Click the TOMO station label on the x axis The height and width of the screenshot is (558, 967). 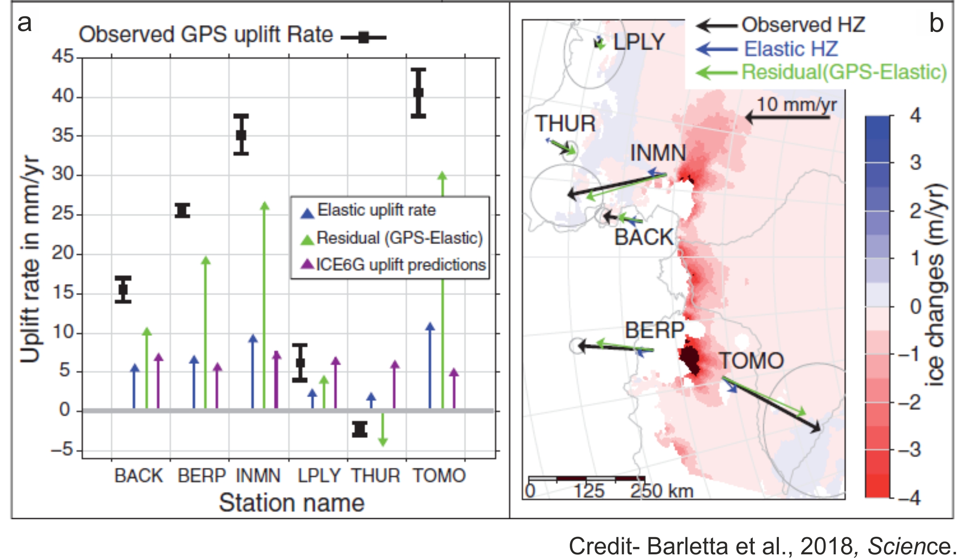(x=439, y=476)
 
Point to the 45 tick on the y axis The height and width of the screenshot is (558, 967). (x=62, y=56)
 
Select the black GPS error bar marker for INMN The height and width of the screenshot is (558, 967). (x=241, y=134)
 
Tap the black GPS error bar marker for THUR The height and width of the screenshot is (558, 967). (x=360, y=429)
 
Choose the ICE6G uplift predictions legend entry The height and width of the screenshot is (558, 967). (x=400, y=265)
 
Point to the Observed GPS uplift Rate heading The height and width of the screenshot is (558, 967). (x=206, y=35)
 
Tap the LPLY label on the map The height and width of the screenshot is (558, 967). (x=639, y=42)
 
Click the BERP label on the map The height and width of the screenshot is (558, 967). (x=654, y=330)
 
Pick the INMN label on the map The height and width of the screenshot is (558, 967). (x=658, y=153)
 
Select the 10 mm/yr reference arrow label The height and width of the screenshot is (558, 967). (x=796, y=104)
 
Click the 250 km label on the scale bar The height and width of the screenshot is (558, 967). (x=661, y=491)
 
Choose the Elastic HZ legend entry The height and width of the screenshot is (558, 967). (x=791, y=49)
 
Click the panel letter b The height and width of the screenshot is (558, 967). (x=936, y=23)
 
